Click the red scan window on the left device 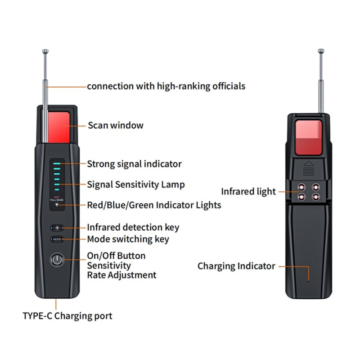(58, 126)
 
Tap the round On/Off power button (57, 260)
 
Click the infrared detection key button (57, 228)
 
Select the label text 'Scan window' (116, 125)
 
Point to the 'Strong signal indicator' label (134, 164)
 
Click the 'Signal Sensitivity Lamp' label (136, 184)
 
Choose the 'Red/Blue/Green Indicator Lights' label (154, 205)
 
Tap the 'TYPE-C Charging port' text (67, 315)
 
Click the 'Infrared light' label (248, 192)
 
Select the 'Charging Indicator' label (236, 266)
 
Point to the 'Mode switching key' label (128, 239)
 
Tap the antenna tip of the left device (45, 51)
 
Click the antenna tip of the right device (320, 51)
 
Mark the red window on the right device (309, 138)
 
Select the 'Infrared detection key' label (133, 227)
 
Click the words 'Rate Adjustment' (121, 275)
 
